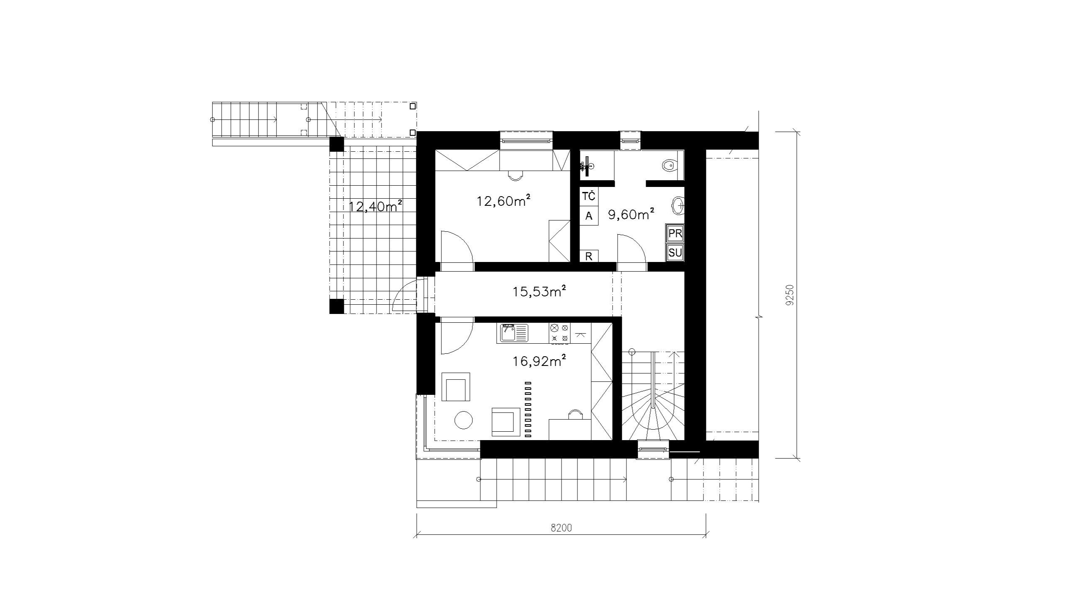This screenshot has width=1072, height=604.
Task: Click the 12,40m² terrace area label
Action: coord(376,206)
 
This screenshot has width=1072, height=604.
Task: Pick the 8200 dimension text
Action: coord(561,528)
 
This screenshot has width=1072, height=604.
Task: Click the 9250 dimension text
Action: coord(789,296)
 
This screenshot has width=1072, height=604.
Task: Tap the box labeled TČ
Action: coord(589,196)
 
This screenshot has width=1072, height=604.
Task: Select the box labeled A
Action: coord(589,216)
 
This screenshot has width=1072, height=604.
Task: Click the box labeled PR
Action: coord(675,233)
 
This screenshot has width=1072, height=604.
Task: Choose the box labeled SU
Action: coord(675,253)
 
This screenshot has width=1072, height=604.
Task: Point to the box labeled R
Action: coord(589,256)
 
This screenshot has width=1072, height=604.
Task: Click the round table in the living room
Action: coord(464,420)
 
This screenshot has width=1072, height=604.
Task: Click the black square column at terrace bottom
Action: coord(336,306)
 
